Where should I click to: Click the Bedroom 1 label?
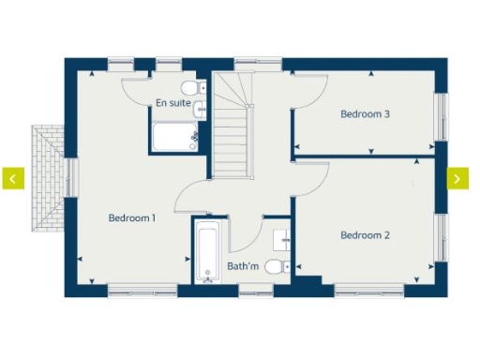[x=131, y=217]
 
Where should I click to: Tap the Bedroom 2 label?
[x=365, y=234]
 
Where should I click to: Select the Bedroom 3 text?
[x=365, y=114]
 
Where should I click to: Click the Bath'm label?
[x=243, y=267]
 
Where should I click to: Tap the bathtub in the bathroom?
[x=206, y=252]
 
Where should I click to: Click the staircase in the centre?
[x=232, y=136]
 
